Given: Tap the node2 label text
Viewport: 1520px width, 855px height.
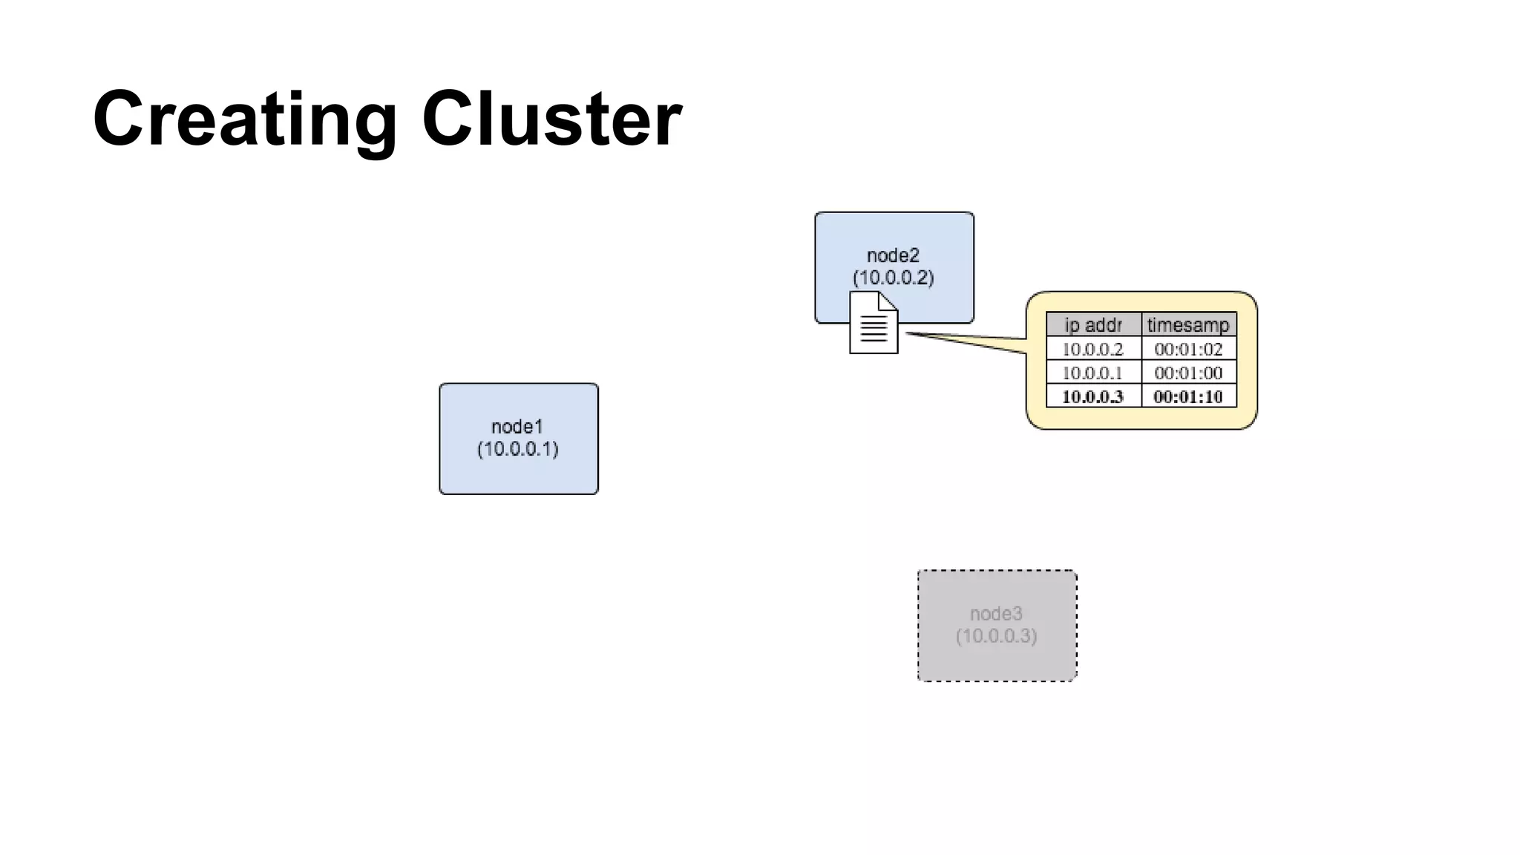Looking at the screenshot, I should [x=893, y=256].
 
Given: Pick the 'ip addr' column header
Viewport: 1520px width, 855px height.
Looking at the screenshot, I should [x=1093, y=325].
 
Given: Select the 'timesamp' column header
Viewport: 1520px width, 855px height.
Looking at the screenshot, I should [x=1188, y=325].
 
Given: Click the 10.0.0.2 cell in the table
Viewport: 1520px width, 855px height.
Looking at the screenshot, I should [x=1092, y=349].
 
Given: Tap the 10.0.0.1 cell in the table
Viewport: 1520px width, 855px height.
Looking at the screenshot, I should [x=1092, y=373].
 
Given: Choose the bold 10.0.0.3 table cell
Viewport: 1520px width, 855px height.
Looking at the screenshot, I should [x=1092, y=396].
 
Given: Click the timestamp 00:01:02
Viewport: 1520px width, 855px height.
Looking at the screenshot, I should [x=1188, y=349].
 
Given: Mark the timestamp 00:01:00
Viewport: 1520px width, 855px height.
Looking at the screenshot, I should [x=1188, y=373].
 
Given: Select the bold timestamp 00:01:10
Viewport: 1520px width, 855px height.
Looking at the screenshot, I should [x=1188, y=396].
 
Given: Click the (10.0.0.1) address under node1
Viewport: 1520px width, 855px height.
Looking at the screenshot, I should [x=518, y=449].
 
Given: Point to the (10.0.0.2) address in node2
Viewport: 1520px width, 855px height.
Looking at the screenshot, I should [x=893, y=278].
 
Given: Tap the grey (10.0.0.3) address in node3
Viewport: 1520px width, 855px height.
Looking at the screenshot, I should [x=997, y=636].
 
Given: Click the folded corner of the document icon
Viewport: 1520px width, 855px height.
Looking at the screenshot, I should [x=888, y=301].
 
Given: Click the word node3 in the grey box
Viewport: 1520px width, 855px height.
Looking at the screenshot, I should [x=997, y=614].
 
